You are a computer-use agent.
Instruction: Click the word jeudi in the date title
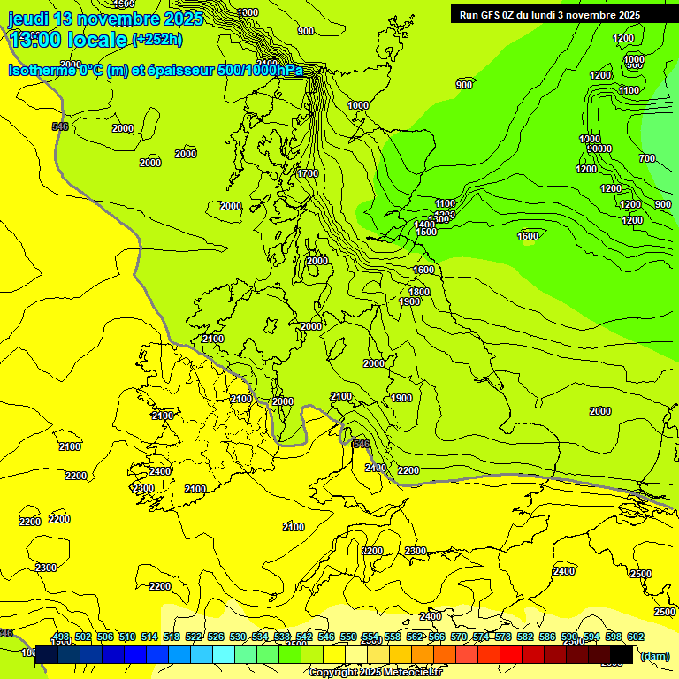pyautogui.click(x=28, y=19)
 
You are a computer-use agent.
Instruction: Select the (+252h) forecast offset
pyautogui.click(x=157, y=40)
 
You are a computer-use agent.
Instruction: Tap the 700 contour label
pyautogui.click(x=647, y=158)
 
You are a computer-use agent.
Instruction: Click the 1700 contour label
pyautogui.click(x=308, y=174)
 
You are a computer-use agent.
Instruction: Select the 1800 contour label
pyautogui.click(x=419, y=292)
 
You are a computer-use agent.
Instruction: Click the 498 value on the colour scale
pyautogui.click(x=61, y=637)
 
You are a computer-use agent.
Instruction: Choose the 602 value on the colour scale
pyautogui.click(x=636, y=637)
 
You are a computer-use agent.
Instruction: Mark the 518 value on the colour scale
pyautogui.click(x=172, y=637)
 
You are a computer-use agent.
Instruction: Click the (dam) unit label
pyautogui.click(x=654, y=656)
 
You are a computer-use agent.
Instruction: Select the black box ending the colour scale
pyautogui.click(x=622, y=654)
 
